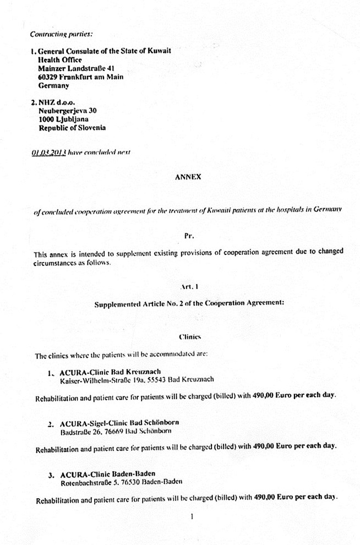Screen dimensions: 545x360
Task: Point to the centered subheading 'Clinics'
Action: [x=189, y=335]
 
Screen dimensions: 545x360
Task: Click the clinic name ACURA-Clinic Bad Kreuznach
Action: [x=107, y=372]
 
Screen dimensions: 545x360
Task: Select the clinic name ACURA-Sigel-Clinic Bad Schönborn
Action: [x=119, y=423]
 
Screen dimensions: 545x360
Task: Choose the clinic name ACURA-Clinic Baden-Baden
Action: [x=107, y=474]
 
